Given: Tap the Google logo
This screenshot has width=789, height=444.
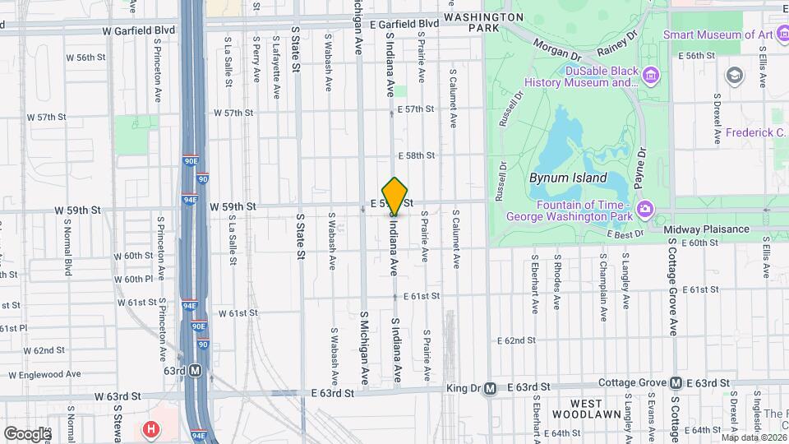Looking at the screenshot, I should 26,433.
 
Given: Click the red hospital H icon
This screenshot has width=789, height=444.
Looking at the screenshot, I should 150,429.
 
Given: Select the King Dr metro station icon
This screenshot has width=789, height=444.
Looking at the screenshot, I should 490,388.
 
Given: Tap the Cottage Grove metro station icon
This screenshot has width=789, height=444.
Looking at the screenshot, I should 675,383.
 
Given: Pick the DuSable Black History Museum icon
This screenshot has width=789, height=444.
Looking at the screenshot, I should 651,76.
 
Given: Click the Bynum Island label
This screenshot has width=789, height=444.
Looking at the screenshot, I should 567,178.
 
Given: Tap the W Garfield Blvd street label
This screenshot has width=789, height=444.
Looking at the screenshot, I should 139,30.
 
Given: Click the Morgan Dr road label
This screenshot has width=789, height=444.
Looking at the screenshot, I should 556,50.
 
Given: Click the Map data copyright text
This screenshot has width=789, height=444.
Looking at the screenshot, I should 751,437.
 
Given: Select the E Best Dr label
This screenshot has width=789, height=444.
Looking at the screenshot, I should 626,234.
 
